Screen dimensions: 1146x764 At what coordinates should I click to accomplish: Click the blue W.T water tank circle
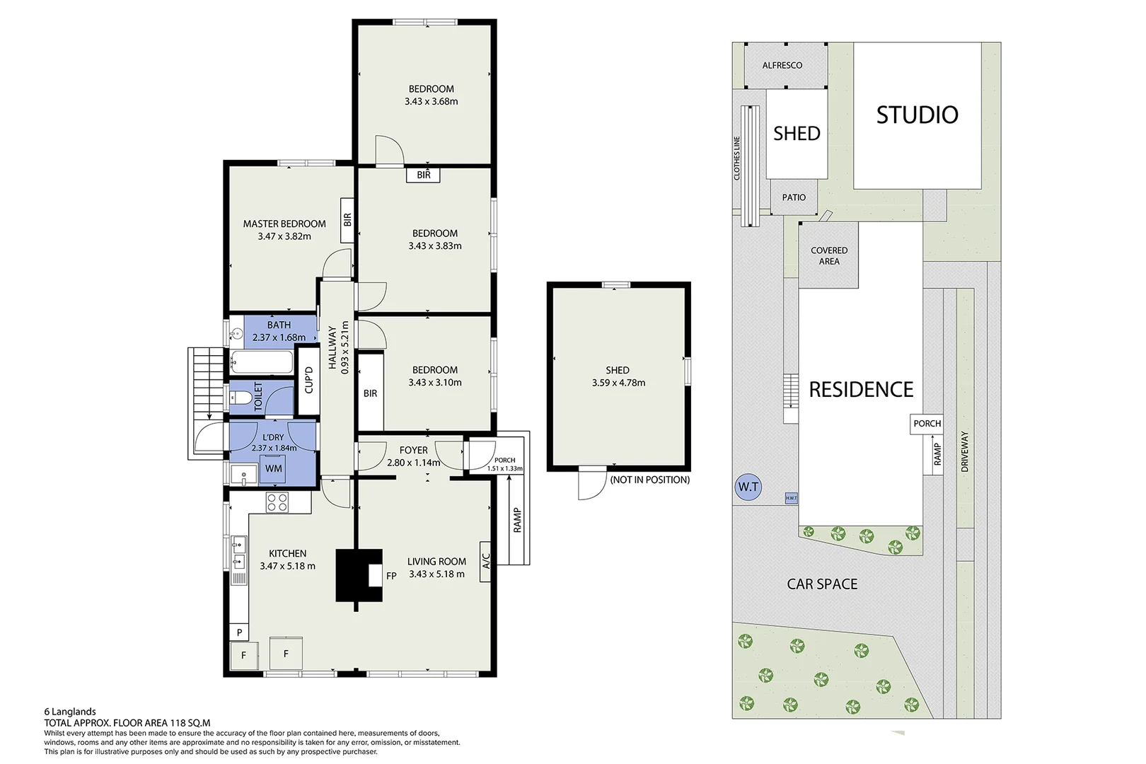[748, 487]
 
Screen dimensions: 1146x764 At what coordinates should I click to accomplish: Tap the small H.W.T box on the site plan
[791, 498]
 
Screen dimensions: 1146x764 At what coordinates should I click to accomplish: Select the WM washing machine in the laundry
[273, 469]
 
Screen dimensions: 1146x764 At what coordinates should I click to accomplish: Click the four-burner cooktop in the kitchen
[277, 502]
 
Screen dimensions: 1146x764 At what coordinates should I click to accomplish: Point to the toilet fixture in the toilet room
[239, 397]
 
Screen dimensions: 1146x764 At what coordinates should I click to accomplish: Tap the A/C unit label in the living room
[485, 561]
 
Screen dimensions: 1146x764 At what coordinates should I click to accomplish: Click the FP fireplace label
[391, 576]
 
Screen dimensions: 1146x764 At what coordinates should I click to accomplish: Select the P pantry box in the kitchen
[239, 632]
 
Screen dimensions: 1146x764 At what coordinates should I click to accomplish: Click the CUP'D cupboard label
[308, 380]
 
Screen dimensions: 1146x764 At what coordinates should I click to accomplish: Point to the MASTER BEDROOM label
[284, 224]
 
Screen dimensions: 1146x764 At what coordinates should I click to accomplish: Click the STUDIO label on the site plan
[918, 115]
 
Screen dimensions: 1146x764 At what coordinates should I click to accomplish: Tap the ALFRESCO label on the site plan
[782, 66]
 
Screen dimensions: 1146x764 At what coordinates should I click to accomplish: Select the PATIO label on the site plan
[794, 197]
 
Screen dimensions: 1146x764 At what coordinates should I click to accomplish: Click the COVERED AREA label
[829, 256]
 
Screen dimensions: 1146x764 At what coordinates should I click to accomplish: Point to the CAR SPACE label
[822, 584]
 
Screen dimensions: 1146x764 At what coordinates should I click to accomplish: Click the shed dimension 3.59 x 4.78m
[618, 383]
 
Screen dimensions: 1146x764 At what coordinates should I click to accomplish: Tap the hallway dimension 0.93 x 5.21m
[345, 347]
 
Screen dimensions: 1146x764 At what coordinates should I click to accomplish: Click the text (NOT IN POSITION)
[649, 480]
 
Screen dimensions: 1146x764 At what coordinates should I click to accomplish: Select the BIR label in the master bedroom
[347, 220]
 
